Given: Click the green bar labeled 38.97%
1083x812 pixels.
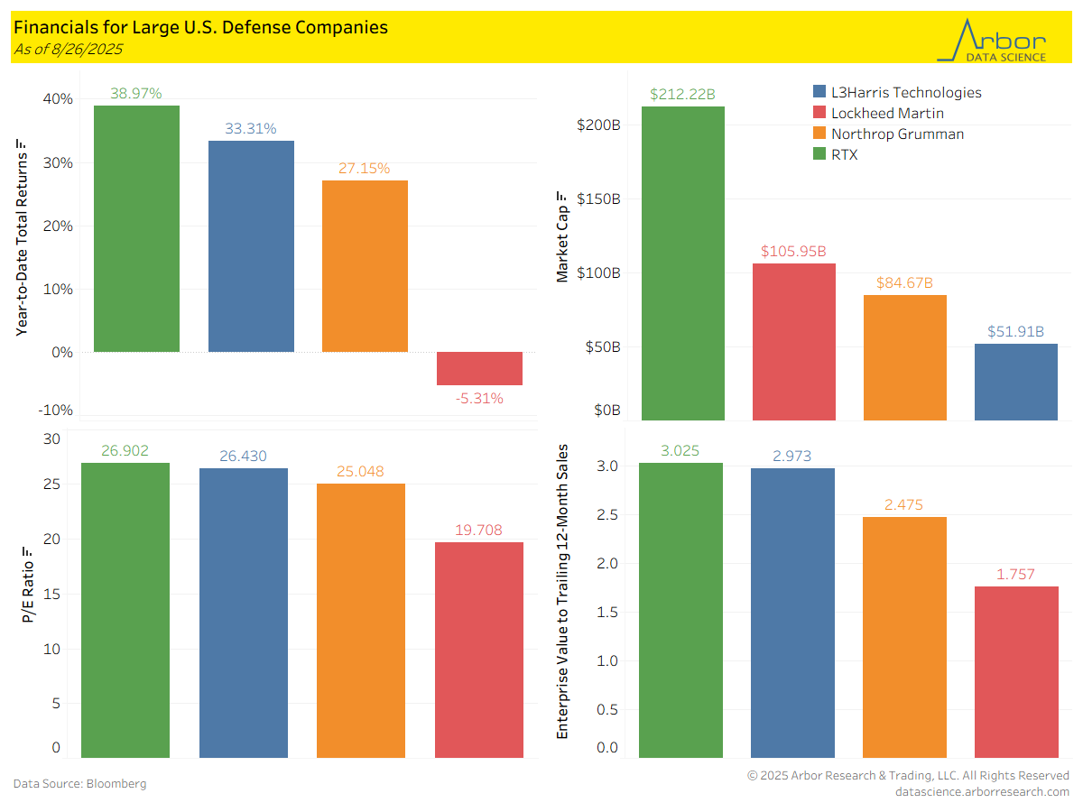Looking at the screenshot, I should coord(136,228).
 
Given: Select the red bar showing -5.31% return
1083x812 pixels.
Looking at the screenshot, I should coord(479,368).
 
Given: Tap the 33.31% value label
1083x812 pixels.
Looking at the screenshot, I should coord(250,128).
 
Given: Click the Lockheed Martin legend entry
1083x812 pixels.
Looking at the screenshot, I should coord(888,113).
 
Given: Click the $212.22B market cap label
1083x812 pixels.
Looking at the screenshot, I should coord(682,94).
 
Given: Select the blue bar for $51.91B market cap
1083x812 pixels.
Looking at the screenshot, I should coord(1015,382).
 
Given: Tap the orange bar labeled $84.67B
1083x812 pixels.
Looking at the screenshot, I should coord(904,357).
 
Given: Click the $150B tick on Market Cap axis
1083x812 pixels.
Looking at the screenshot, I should coord(599,199).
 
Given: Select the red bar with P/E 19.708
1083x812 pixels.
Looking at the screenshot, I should coord(478,649).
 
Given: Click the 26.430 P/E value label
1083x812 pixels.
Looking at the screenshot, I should coord(243,457).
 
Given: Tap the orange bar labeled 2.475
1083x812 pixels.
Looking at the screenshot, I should coord(904,636).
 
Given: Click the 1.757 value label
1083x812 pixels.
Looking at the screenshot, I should coord(1015,574).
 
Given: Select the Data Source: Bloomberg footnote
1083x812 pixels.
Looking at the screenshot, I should coord(79,783).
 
